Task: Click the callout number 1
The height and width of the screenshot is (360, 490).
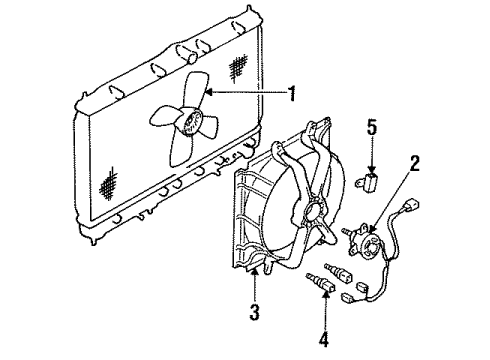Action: [292, 95]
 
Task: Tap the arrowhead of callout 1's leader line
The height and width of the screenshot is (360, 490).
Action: [206, 93]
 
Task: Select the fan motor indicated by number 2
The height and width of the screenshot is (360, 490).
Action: [370, 241]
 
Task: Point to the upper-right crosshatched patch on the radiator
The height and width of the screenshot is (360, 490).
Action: [241, 67]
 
